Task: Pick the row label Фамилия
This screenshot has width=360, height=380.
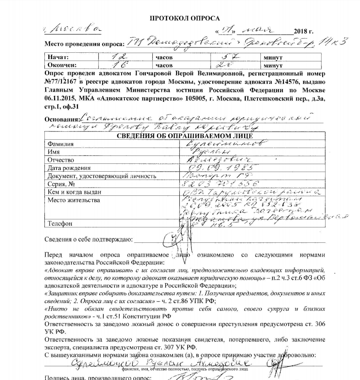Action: (x=61, y=144)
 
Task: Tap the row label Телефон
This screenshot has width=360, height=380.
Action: (x=60, y=224)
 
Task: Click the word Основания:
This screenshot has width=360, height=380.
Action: (x=61, y=120)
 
